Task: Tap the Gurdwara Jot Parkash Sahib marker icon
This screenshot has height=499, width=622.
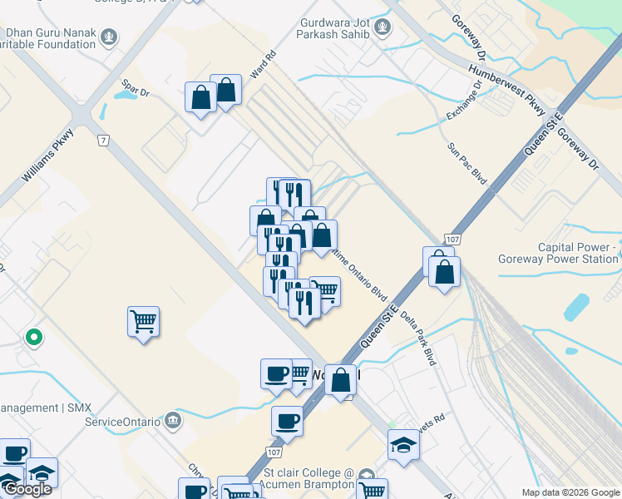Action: (x=382, y=27)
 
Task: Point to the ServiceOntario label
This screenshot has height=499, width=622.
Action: (x=122, y=421)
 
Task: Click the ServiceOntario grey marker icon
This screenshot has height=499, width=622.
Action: (x=173, y=420)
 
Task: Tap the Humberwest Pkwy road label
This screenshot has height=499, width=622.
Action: (x=506, y=88)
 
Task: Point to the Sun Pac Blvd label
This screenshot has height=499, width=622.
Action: (x=466, y=162)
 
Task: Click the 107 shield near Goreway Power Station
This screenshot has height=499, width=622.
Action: (x=452, y=240)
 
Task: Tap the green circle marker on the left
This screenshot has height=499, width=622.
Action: (x=33, y=338)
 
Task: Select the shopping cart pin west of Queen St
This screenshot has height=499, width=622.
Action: (x=143, y=320)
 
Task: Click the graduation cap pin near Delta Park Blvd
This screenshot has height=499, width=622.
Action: (x=403, y=443)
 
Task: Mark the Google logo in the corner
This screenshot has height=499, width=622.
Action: (x=27, y=489)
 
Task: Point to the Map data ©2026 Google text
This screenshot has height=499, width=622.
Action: (x=570, y=492)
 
